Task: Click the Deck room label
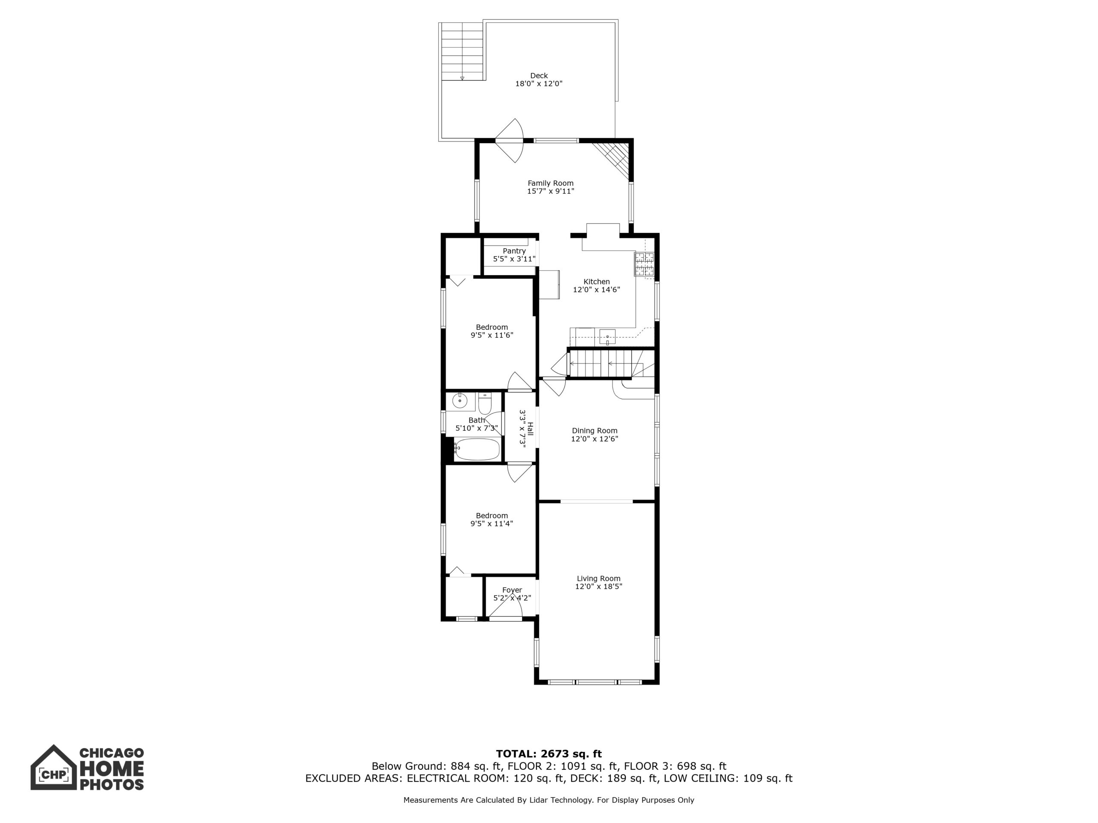(539, 76)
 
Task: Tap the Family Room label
(550, 183)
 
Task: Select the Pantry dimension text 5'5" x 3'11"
(514, 259)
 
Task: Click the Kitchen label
(597, 282)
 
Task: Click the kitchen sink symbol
(607, 336)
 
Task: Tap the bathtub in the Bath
(477, 450)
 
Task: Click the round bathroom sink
(460, 400)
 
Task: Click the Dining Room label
(594, 431)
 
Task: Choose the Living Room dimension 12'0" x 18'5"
(599, 586)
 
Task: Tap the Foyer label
(512, 590)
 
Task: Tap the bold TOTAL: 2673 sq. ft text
(549, 754)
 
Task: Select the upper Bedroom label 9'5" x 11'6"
(492, 331)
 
